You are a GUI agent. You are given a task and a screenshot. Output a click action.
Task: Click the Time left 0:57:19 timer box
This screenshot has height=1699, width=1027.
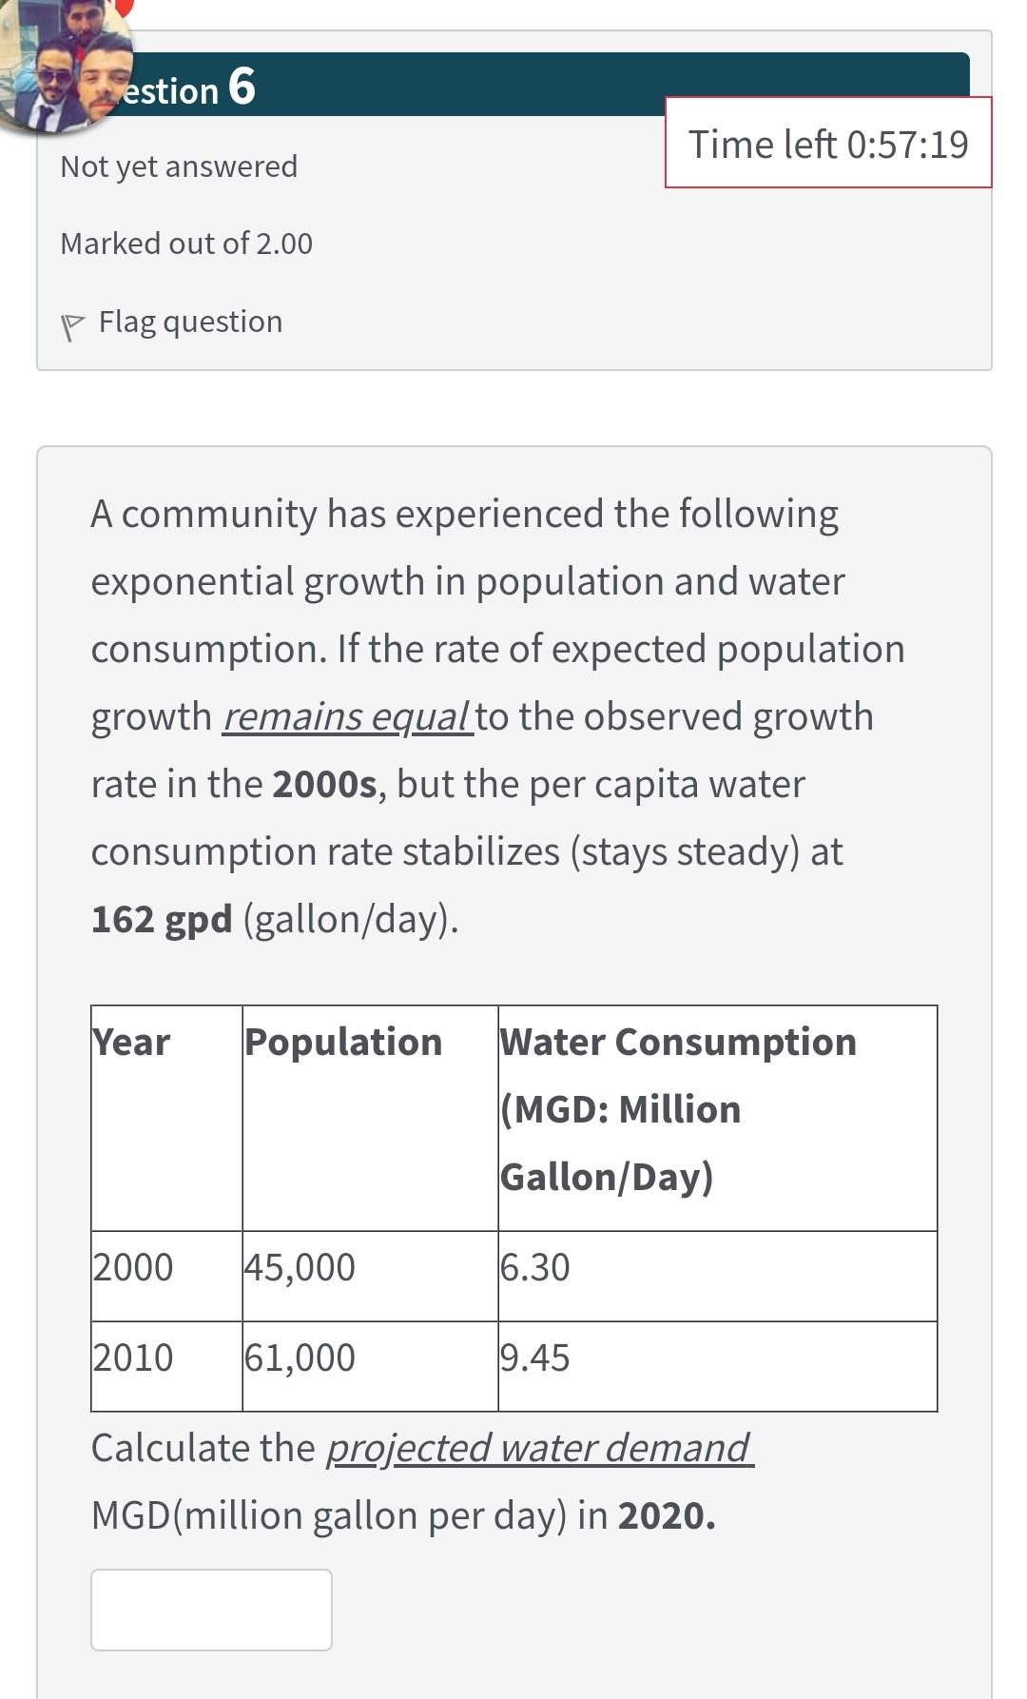(x=827, y=143)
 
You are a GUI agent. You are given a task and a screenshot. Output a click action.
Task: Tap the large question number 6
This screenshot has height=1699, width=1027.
(x=242, y=87)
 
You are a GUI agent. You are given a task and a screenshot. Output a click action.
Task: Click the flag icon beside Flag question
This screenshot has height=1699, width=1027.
(x=72, y=325)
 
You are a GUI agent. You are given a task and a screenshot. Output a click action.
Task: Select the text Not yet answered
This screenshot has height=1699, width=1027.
(x=179, y=166)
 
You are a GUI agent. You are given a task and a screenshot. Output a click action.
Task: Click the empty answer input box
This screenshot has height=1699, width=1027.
(x=211, y=1610)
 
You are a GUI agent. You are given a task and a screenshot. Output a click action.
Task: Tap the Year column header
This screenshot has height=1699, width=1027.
(x=131, y=1043)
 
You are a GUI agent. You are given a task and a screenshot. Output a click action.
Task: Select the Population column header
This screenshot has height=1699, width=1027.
(x=343, y=1043)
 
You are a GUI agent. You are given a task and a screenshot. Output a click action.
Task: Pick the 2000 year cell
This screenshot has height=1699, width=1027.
(x=133, y=1267)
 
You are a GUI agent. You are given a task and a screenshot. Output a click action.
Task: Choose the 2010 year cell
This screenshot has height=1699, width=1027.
(x=133, y=1357)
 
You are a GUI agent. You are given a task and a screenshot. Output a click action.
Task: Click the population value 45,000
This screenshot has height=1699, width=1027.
(x=300, y=1267)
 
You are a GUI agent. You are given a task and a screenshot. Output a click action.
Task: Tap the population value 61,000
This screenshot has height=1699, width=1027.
(x=300, y=1357)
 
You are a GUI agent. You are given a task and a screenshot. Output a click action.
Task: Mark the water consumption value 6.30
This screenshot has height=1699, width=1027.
(x=535, y=1267)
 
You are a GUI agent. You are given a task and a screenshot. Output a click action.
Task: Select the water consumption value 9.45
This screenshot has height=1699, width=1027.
(x=535, y=1357)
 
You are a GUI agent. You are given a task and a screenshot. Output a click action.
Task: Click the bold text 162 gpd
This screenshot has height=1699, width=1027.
(x=162, y=919)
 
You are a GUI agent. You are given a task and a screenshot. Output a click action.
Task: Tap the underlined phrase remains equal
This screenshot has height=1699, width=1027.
(x=346, y=716)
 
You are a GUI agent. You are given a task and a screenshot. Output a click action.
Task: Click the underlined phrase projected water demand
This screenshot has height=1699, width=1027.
(x=539, y=1448)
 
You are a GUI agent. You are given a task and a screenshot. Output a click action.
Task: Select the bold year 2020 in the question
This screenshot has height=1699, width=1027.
(x=666, y=1515)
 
